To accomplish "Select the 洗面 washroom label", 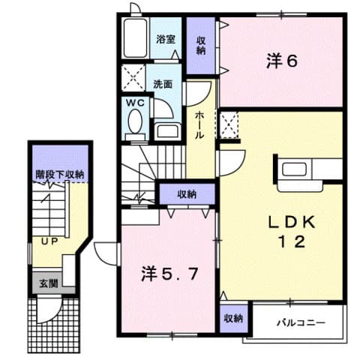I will point(164,84).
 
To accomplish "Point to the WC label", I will point(134,103).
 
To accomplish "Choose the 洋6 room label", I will point(281,61).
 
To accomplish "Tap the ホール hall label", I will point(201,124).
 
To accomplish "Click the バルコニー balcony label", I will point(300,322).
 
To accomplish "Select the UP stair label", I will point(49,241).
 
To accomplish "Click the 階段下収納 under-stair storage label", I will point(59,175).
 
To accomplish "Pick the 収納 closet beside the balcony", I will point(232,318).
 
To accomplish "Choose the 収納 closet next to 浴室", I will point(201,44).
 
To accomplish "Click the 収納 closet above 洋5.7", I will point(187,194).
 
